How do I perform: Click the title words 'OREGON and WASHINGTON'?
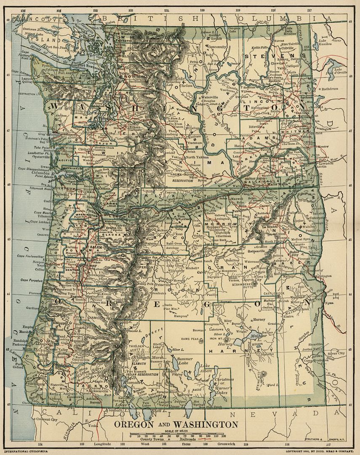click(176, 424)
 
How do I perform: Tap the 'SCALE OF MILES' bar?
click(177, 434)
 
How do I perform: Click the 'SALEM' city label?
click(95, 247)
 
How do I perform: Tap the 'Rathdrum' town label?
click(331, 89)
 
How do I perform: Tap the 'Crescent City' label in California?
click(46, 420)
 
